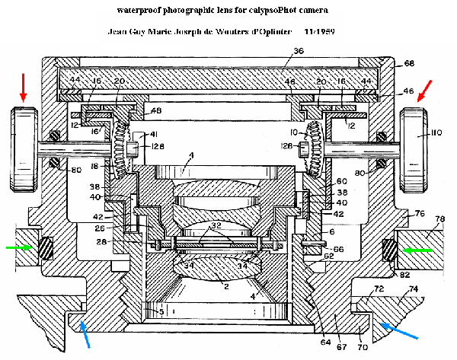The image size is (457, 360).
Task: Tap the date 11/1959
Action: (322, 34)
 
